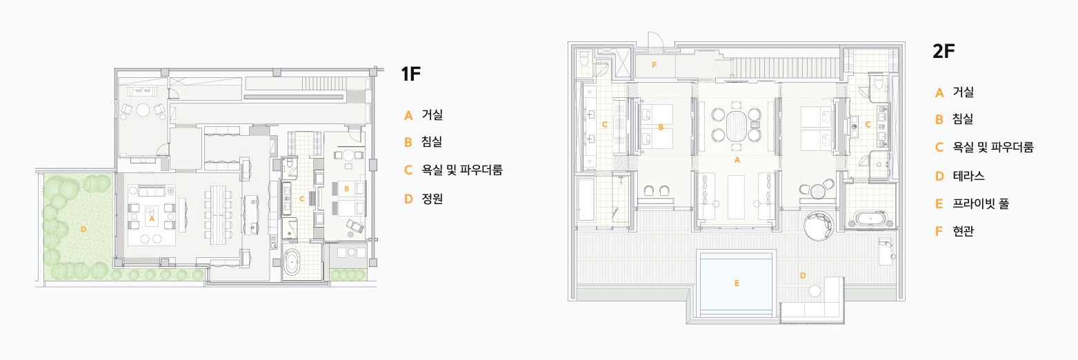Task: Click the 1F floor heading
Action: coord(410,74)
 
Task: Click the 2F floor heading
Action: coord(943,52)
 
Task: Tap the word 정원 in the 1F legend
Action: coord(432,199)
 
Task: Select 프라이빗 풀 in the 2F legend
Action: coord(981,204)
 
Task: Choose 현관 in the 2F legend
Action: coord(963,232)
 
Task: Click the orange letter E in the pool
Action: coord(737,283)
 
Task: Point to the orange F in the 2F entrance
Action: coord(655,66)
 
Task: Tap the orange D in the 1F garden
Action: coord(83,228)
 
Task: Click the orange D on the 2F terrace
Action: coord(803,275)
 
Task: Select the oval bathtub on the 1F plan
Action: coord(293,263)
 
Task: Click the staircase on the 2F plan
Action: coord(786,68)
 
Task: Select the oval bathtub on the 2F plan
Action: coord(873,220)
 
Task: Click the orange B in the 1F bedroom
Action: coord(346,188)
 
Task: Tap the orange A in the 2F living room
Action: coord(737,159)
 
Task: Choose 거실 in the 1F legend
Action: coord(432,115)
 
